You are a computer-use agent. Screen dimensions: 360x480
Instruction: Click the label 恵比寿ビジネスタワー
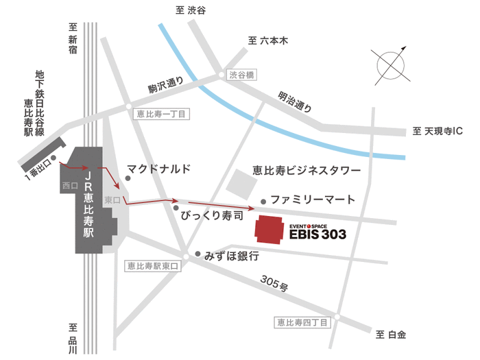tap(306, 169)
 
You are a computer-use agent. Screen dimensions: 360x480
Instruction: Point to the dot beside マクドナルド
tap(127, 169)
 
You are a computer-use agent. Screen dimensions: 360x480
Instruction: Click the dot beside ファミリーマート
tap(263, 202)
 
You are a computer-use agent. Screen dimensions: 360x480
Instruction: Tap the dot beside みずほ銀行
tap(197, 254)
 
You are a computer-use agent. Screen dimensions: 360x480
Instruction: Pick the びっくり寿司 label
tap(212, 216)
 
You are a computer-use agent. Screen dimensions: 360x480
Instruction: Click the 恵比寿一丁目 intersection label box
tap(160, 115)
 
